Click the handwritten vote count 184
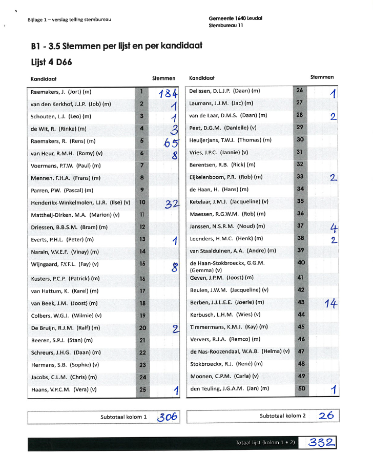[168, 94]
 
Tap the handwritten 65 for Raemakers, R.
[171, 143]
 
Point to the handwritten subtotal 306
[167, 417]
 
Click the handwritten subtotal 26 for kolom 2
[326, 416]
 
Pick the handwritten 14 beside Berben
[331, 303]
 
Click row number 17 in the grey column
[142, 291]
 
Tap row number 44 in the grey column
[301, 315]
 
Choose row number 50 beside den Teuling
[301, 389]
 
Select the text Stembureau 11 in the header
[226, 26]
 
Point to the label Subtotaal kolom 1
[123, 417]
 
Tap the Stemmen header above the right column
[322, 77]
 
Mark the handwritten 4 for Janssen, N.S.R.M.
[334, 228]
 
